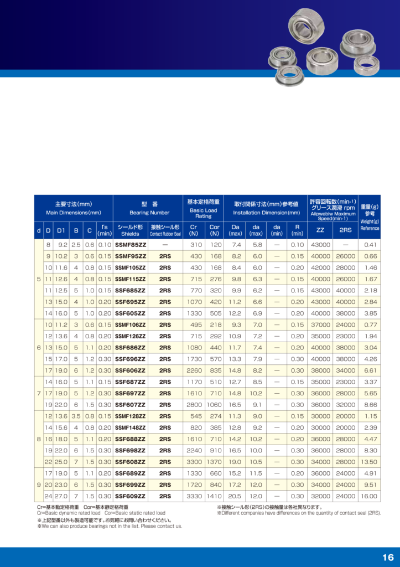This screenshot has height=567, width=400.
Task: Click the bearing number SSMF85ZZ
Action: pyautogui.click(x=130, y=245)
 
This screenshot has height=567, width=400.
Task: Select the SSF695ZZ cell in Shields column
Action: pyautogui.click(x=130, y=302)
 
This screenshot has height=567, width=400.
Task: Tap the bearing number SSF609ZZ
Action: pyautogui.click(x=130, y=496)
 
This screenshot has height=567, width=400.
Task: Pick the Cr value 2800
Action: pyautogui.click(x=194, y=405)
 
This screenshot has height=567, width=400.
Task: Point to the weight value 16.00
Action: pyautogui.click(x=369, y=496)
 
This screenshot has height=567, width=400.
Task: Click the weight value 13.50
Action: pyautogui.click(x=369, y=462)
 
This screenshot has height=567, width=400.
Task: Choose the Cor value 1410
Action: pyautogui.click(x=214, y=496)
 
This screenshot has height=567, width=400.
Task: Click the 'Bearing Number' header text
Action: pyautogui.click(x=149, y=213)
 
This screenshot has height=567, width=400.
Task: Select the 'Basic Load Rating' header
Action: pyautogui.click(x=204, y=213)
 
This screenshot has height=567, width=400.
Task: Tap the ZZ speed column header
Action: pyautogui.click(x=320, y=230)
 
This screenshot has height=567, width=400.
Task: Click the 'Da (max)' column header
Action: pyautogui.click(x=236, y=230)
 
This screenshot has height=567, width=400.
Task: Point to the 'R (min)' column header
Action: pyautogui.click(x=297, y=230)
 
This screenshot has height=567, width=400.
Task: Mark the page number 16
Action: pyautogui.click(x=387, y=557)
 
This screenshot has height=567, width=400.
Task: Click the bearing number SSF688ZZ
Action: pyautogui.click(x=130, y=439)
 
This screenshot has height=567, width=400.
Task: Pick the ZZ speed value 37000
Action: pyautogui.click(x=320, y=324)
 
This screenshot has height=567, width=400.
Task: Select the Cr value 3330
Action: pyautogui.click(x=194, y=496)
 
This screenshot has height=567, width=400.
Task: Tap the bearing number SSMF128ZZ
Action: pyautogui.click(x=130, y=416)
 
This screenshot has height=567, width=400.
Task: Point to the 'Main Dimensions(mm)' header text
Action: pyautogui.click(x=74, y=213)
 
